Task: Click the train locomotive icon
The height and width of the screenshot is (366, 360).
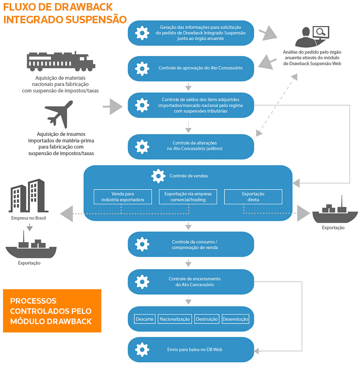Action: click(61, 61)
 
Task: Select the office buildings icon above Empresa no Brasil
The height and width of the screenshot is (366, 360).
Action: click(28, 196)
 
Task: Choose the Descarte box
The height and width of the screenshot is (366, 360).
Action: click(145, 319)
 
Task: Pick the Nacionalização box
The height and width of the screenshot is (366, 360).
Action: click(175, 319)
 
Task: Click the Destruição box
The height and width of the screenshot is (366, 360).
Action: click(207, 319)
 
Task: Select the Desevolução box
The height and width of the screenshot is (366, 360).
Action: click(235, 319)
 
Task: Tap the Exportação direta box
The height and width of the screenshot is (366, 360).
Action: click(253, 197)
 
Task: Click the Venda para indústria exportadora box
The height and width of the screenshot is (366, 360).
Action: click(123, 197)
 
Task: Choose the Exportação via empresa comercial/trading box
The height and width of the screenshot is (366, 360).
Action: click(188, 197)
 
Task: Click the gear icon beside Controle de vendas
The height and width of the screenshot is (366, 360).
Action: click(158, 176)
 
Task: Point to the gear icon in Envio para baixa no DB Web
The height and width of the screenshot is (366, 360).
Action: click(142, 350)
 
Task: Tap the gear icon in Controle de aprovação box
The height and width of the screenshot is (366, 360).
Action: click(142, 69)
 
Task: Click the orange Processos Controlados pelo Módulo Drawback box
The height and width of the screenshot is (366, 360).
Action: click(52, 311)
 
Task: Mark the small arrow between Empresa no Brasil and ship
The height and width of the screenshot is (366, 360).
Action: click(30, 228)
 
